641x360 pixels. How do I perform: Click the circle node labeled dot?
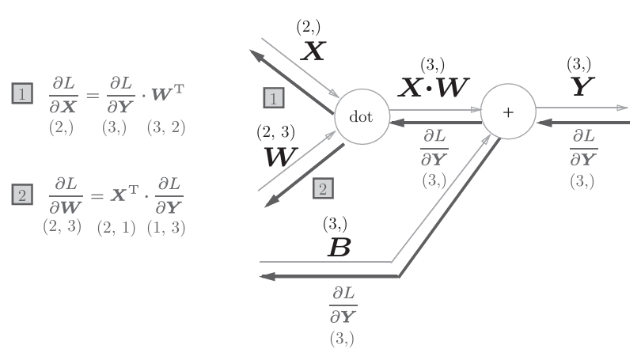(365, 116)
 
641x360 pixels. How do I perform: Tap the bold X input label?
(314, 51)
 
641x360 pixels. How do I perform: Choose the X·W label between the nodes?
(432, 88)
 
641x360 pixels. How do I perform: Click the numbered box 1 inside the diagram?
(273, 98)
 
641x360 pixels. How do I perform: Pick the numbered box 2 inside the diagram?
(324, 188)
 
